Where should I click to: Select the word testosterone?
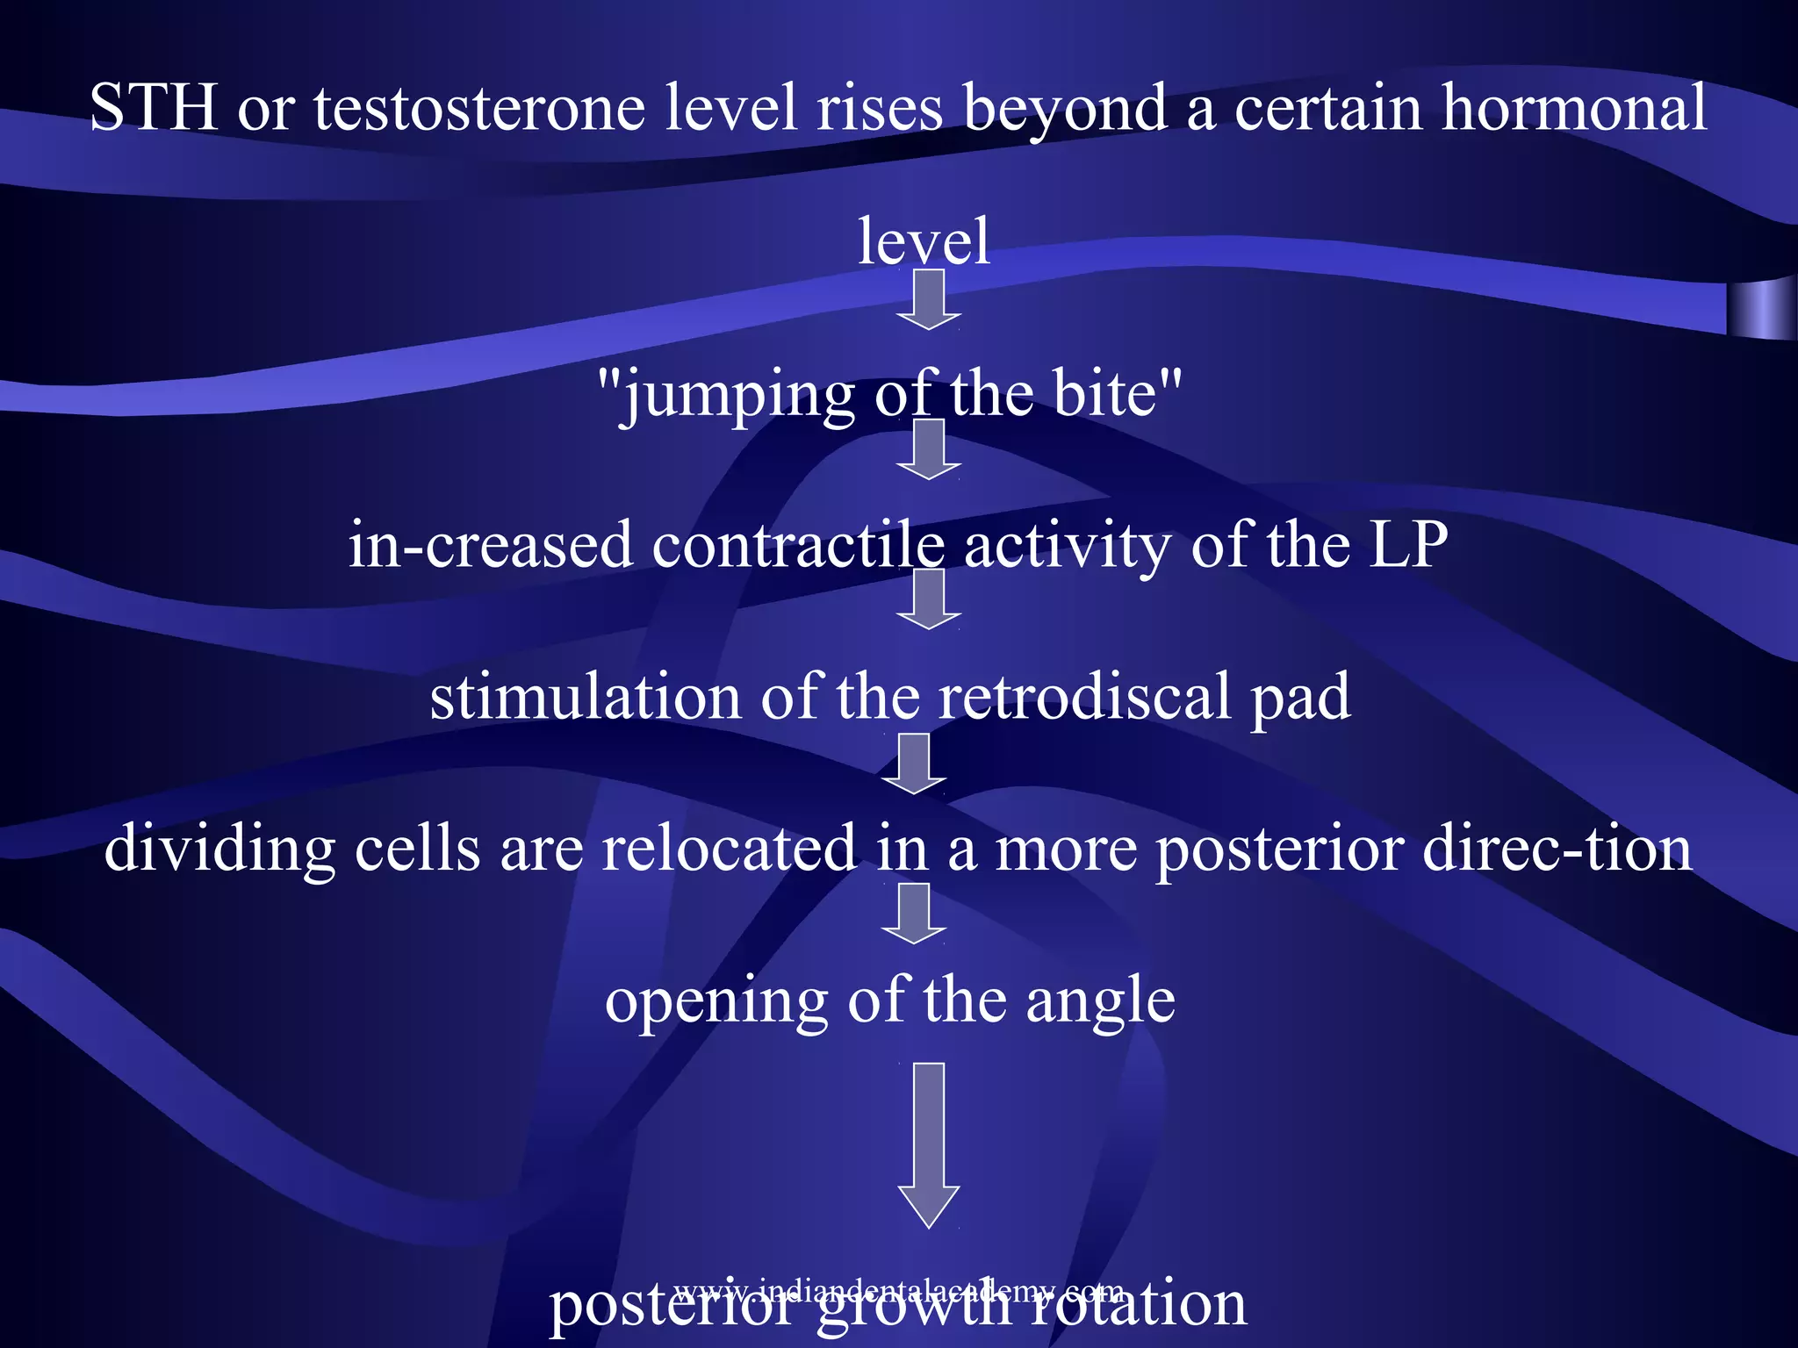pyautogui.click(x=479, y=108)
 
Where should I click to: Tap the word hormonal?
pyautogui.click(x=1574, y=108)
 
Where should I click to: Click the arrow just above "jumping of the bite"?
pyautogui.click(x=929, y=299)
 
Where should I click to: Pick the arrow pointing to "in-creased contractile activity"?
pyautogui.click(x=929, y=449)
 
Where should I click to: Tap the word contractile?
pyautogui.click(x=798, y=545)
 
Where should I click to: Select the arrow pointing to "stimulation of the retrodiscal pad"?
pyautogui.click(x=929, y=599)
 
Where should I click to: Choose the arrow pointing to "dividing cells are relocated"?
pyautogui.click(x=914, y=764)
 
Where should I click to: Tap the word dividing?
pyautogui.click(x=219, y=850)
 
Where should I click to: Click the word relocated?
pyautogui.click(x=729, y=848)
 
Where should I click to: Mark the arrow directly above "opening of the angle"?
pyautogui.click(x=914, y=914)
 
